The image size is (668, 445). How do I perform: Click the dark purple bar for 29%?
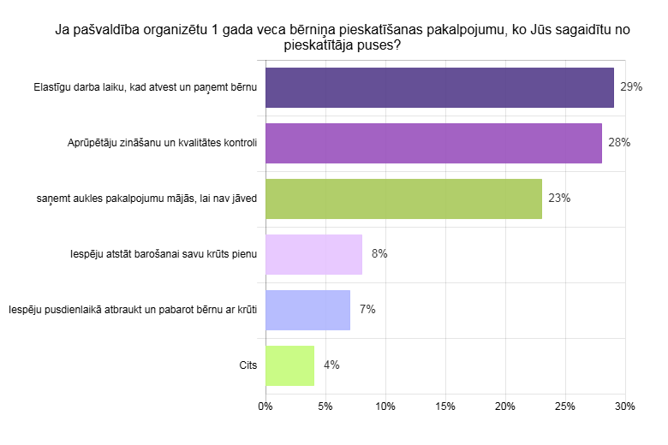click(x=439, y=87)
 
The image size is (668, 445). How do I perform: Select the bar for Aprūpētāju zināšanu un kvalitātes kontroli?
click(x=433, y=143)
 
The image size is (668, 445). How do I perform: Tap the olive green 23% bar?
click(x=403, y=199)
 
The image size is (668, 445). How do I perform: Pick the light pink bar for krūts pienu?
click(x=313, y=254)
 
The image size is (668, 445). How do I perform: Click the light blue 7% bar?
click(x=307, y=310)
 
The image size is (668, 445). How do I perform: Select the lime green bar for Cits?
click(x=289, y=365)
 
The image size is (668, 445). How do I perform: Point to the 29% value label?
click(x=631, y=87)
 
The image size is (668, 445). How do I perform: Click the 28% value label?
click(x=619, y=143)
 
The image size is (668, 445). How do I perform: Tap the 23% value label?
click(x=559, y=199)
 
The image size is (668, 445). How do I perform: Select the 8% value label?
click(x=379, y=254)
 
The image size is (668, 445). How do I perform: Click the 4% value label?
click(x=331, y=365)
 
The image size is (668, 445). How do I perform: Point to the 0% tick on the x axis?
click(x=265, y=406)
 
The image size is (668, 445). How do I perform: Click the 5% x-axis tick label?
click(x=325, y=406)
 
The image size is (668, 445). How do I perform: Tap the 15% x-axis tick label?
click(x=445, y=406)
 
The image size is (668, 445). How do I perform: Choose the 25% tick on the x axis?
click(x=565, y=406)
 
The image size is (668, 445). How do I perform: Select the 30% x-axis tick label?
click(x=624, y=406)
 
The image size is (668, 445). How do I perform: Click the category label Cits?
click(x=248, y=365)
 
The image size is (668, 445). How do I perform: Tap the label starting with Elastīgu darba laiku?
click(x=146, y=87)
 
